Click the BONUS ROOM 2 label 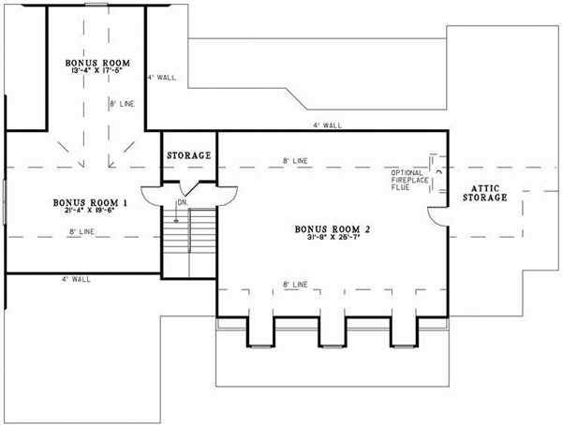pos(332,228)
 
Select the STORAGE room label pos(188,155)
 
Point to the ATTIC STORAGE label pos(484,192)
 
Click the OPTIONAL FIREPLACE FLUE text pos(409,180)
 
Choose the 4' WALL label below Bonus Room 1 pos(76,279)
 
